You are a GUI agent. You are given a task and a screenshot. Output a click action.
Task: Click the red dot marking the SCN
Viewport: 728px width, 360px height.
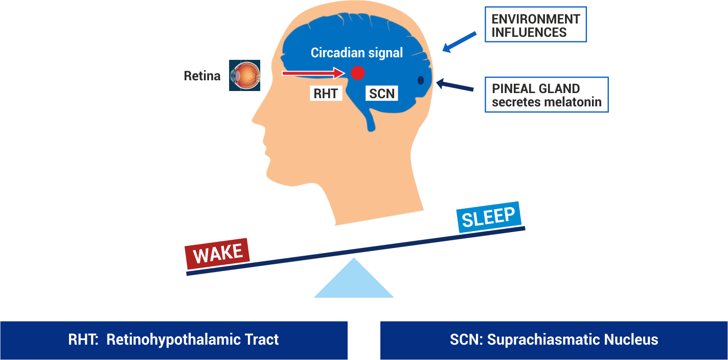[x=357, y=73]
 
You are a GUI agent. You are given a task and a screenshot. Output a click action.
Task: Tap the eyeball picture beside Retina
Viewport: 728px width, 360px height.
[x=244, y=76]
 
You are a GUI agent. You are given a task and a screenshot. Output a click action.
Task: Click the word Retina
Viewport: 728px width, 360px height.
[x=202, y=76]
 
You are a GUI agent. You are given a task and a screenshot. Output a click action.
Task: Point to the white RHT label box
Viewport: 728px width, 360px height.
[x=326, y=93]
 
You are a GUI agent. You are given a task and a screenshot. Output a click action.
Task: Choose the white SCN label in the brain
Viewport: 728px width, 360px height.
[x=382, y=93]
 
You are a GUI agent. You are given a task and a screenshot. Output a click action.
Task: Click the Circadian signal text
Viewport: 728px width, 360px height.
[x=357, y=53]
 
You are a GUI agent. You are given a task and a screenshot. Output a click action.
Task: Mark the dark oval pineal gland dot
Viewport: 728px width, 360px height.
[x=421, y=80]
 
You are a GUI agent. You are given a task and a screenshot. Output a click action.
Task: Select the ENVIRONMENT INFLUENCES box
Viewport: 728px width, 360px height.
[x=535, y=25]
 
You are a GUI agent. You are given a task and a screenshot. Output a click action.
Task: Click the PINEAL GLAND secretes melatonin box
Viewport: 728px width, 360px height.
[x=546, y=95]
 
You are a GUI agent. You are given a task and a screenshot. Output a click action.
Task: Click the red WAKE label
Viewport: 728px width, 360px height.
[x=218, y=254]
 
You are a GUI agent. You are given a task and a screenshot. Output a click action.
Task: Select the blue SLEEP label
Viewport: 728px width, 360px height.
[x=489, y=217]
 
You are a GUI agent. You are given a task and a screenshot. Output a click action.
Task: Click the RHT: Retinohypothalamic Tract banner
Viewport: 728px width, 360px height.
[x=173, y=340]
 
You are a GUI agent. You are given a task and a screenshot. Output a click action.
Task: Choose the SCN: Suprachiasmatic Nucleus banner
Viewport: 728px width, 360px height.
[x=554, y=340]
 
